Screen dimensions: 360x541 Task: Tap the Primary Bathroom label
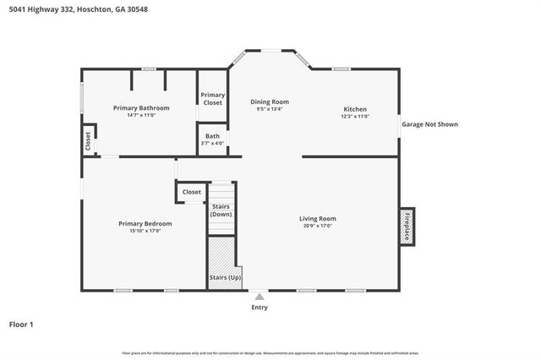141,108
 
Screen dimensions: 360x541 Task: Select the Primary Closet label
212,99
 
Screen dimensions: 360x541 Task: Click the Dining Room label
270,101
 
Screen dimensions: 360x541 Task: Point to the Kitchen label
354,108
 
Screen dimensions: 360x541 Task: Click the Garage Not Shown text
429,124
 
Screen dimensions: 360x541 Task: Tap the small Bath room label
212,136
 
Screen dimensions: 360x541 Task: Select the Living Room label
317,219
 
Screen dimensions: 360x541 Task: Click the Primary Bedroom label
145,223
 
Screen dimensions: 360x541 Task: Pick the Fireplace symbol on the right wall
407,226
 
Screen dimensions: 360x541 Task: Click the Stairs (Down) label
221,210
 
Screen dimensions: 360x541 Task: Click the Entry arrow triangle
260,297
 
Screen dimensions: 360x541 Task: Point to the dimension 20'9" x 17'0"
317,226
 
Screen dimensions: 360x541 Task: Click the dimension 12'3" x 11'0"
354,116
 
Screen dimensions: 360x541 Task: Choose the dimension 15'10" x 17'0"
145,230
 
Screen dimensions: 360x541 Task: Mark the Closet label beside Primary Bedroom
192,192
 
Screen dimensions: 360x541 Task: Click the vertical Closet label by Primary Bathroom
88,140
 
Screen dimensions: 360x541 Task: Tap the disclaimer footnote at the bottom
270,352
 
